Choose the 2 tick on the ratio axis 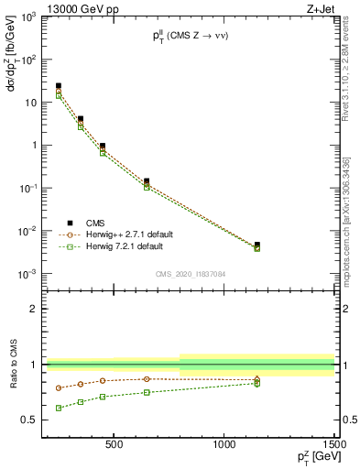33,309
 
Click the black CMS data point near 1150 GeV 257,245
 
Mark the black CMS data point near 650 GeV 147,181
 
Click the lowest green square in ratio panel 59,408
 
